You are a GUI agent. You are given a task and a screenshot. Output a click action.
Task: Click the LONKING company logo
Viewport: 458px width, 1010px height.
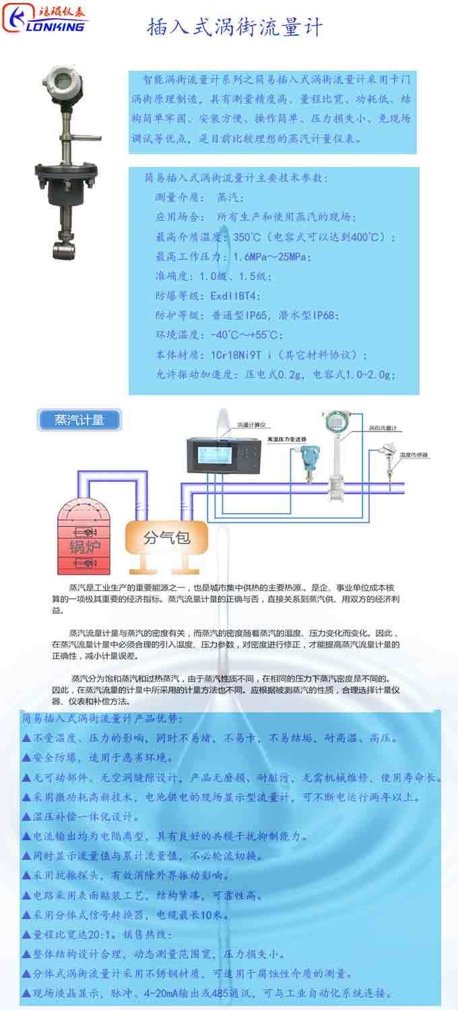point(46,19)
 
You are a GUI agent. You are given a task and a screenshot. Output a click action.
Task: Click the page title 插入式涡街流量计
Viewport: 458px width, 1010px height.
point(235,28)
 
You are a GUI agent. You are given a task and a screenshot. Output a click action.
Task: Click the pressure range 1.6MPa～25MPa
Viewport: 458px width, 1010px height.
point(271,257)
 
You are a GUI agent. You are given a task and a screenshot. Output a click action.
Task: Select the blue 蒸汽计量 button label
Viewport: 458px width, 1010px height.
point(79,421)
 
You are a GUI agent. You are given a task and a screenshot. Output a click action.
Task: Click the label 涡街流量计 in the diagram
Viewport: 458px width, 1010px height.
point(382,428)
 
